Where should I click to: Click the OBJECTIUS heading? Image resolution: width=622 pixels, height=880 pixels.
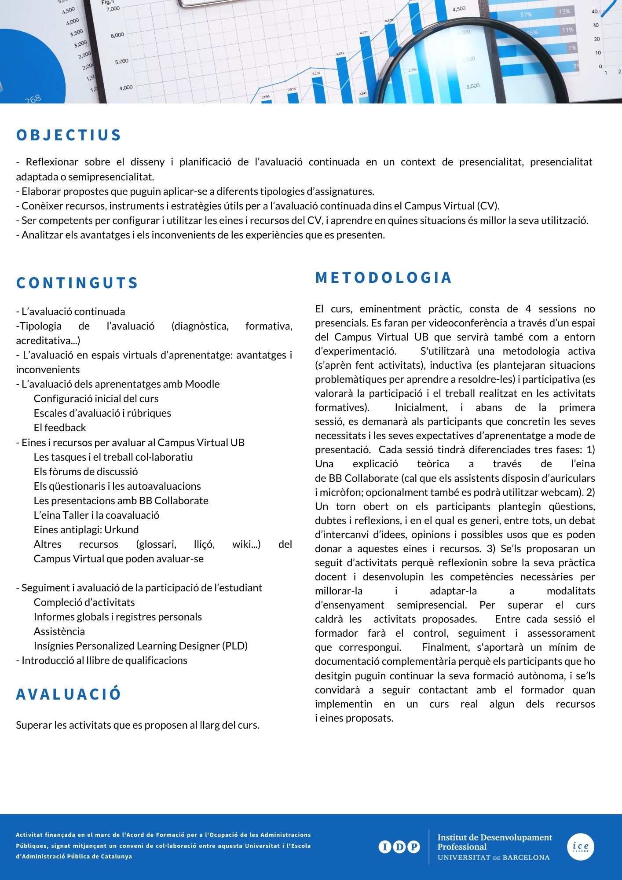coord(69,135)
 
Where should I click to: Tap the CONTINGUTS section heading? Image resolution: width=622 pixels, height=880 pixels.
coord(77,283)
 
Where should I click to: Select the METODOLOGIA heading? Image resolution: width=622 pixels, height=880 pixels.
coord(384,278)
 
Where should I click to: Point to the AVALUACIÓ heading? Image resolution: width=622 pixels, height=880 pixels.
coord(69,694)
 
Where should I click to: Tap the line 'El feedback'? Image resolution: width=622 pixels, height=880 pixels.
coord(60,428)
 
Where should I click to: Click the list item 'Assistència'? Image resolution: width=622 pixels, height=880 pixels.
coord(59,631)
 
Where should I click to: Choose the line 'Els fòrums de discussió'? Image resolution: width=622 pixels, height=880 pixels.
coord(86,472)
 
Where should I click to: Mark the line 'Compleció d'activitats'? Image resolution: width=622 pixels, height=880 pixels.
coord(84,602)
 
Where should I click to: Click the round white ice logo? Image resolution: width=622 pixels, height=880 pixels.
coord(580,847)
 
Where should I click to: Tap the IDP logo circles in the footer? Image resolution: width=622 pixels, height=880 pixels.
coord(399,847)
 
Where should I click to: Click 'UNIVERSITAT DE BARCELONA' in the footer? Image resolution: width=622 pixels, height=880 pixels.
coord(494,858)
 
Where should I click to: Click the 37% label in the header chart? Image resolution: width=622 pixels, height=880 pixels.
coord(526,15)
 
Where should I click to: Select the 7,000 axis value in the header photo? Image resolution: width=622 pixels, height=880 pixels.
coord(113,9)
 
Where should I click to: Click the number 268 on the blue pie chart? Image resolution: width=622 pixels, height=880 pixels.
coord(33,99)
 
